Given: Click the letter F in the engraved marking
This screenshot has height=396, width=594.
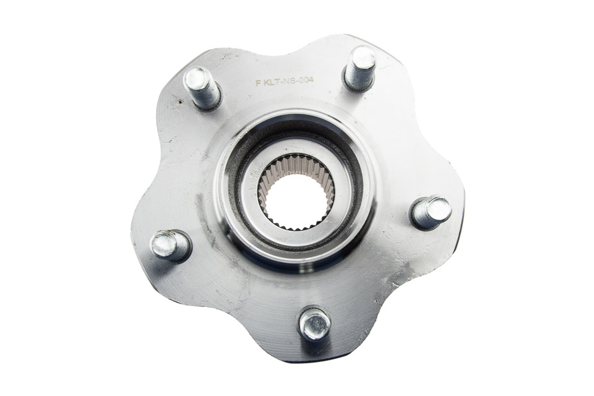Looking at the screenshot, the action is [x=259, y=84].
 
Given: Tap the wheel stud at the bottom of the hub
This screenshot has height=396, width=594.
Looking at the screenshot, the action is [x=315, y=324].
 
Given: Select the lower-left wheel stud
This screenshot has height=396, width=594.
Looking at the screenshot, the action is [x=171, y=246].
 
